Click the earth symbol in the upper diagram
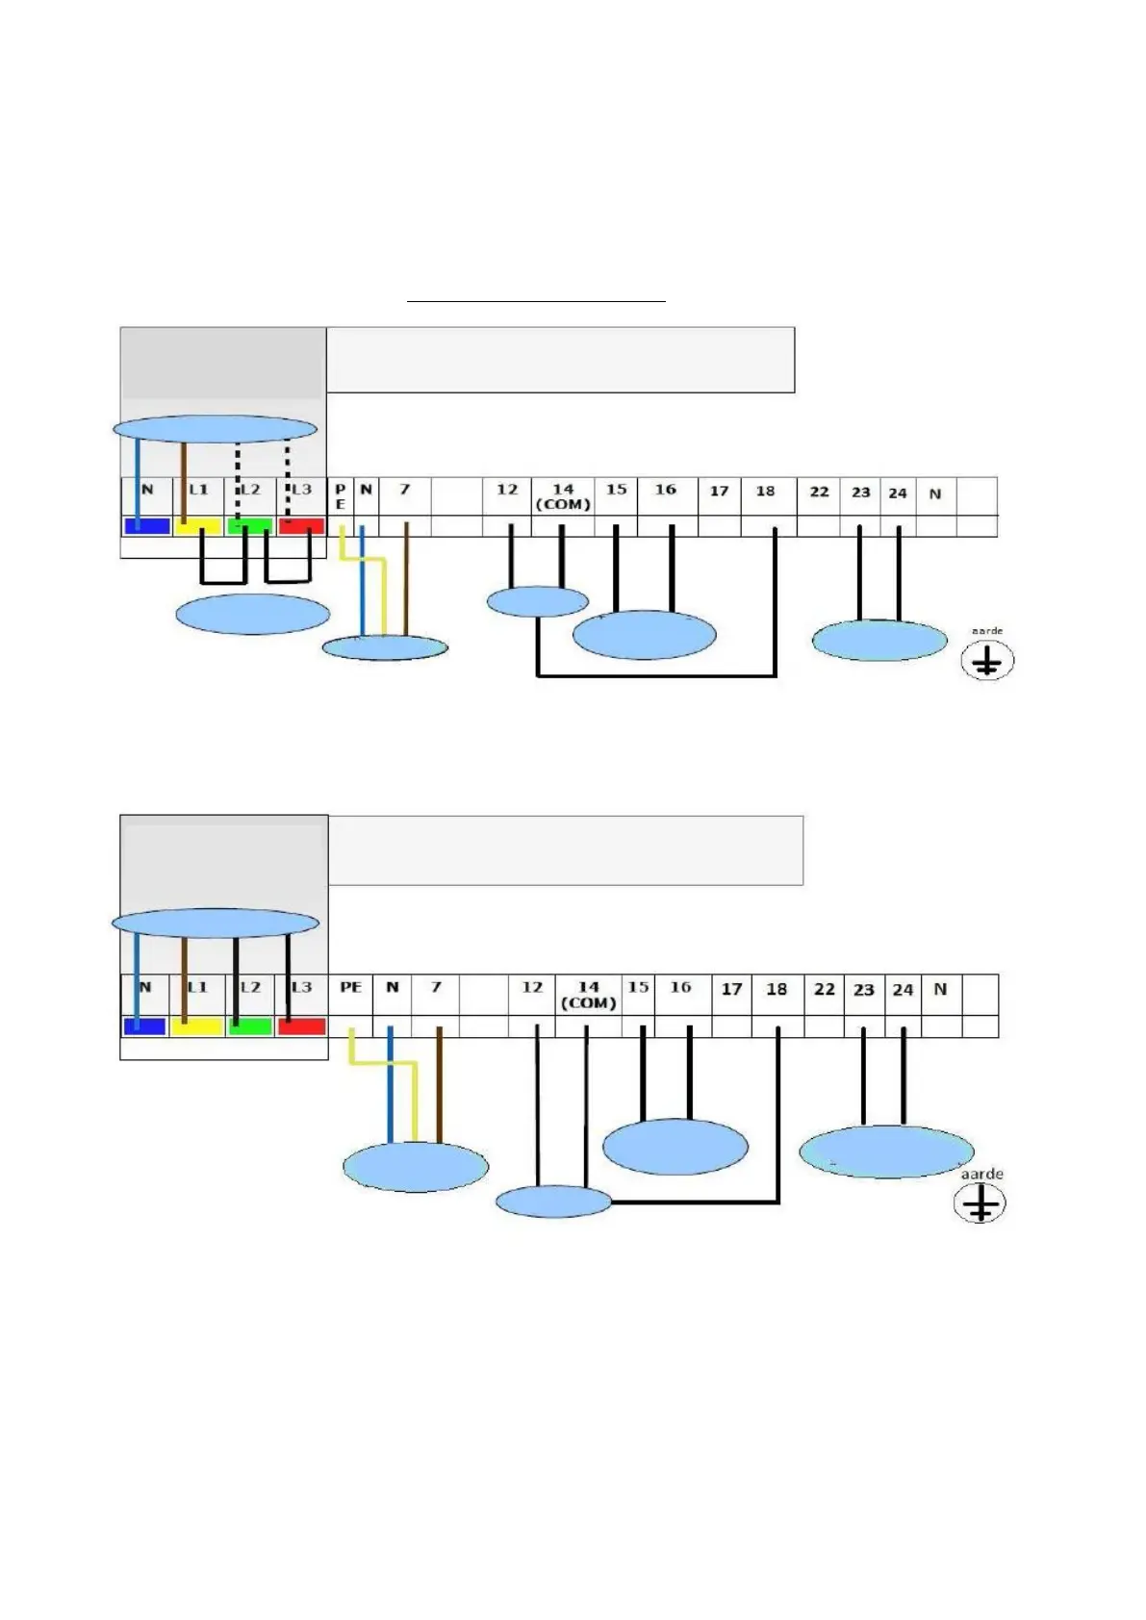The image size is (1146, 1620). point(987,661)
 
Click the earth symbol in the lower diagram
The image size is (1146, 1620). point(980,1203)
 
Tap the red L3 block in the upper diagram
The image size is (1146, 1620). point(301,526)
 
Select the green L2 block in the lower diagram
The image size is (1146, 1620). point(250,1026)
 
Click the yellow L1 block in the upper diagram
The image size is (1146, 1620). point(198,526)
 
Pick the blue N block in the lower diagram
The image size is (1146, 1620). point(145,1026)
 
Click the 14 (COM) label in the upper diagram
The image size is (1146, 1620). point(563,496)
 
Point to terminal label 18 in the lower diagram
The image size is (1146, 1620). point(777,989)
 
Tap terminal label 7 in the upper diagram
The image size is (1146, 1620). point(405,490)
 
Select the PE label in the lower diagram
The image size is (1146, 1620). point(350,987)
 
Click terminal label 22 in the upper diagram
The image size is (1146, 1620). point(819,492)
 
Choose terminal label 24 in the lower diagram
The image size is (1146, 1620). point(903,990)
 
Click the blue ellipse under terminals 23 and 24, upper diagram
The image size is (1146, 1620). point(879,641)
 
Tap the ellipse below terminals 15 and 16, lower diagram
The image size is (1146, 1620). point(675,1147)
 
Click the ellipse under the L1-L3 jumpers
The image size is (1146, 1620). point(252,615)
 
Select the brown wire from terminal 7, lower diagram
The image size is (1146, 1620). point(440,1087)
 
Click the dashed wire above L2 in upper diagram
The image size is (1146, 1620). point(238,462)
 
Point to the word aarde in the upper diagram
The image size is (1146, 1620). point(987,631)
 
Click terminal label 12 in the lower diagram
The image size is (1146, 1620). point(532,988)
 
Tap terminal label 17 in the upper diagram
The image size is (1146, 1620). point(719,491)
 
